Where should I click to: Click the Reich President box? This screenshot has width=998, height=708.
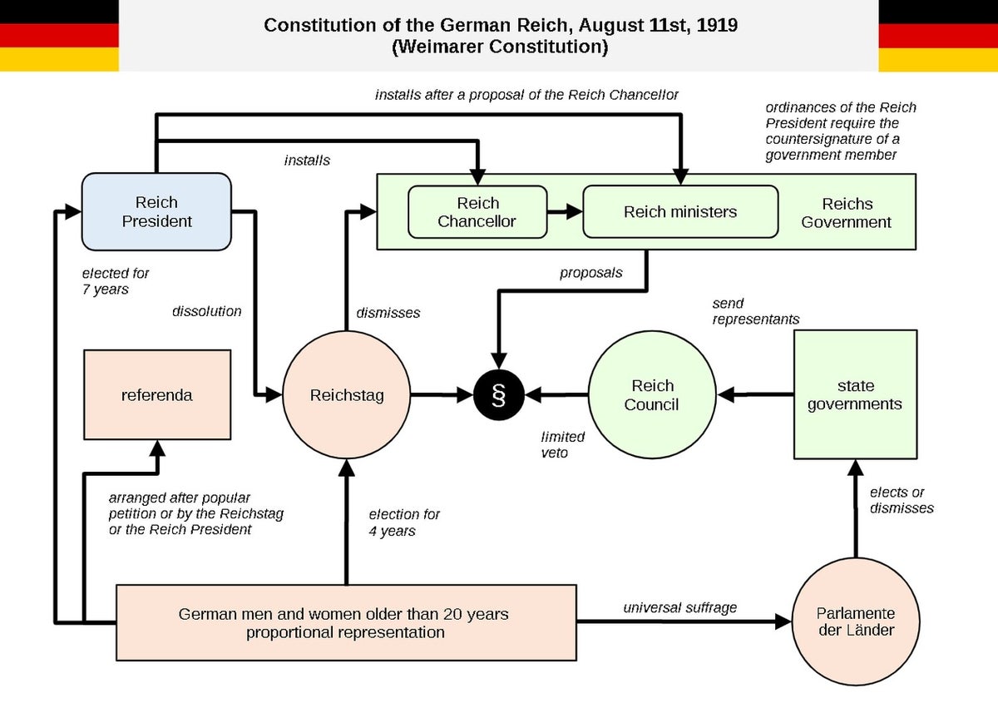click(x=156, y=211)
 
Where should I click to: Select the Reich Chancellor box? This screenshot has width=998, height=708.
click(x=477, y=212)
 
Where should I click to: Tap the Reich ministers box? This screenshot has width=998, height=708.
click(x=680, y=212)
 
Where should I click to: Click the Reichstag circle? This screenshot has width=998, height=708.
click(x=347, y=395)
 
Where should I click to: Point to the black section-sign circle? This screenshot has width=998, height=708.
click(x=499, y=395)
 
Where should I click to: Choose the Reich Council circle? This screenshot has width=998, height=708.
click(x=652, y=395)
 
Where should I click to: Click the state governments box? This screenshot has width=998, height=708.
click(x=855, y=395)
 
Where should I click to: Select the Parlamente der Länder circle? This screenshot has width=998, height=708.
click(x=855, y=621)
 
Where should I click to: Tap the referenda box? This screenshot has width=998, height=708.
click(x=156, y=395)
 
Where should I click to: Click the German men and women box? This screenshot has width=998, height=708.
click(x=345, y=622)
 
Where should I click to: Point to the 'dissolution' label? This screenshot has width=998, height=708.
click(x=206, y=311)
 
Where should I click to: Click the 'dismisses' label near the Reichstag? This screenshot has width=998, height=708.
click(x=388, y=313)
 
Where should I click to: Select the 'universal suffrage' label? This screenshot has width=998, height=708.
click(x=680, y=607)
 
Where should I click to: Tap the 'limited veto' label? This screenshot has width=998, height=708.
click(x=563, y=445)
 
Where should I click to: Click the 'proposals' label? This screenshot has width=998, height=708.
click(x=591, y=272)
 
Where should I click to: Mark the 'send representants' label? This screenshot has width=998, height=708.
click(x=756, y=311)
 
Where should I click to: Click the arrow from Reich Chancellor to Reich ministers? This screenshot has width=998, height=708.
click(x=565, y=212)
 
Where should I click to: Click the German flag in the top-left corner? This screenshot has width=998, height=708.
click(x=59, y=35)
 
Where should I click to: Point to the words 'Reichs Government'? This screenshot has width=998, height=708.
click(x=847, y=212)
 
